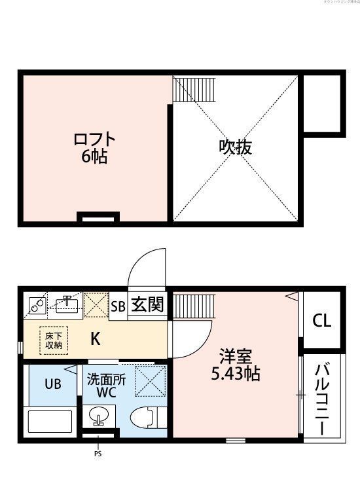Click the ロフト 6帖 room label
96,148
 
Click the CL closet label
321,321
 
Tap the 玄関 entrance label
148,305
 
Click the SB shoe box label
118,306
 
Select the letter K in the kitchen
95,339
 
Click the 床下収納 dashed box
54,340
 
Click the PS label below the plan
99,454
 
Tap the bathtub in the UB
50,422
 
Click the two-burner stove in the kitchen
36,305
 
